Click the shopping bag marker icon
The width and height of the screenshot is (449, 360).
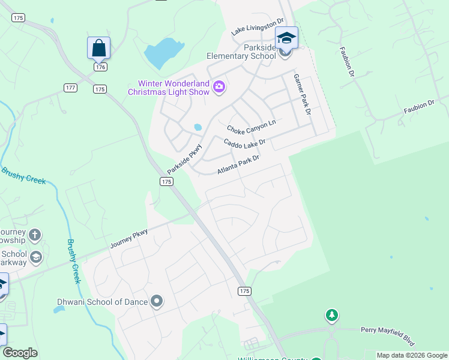pos(98,47)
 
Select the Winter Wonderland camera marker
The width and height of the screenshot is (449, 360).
pos(218,88)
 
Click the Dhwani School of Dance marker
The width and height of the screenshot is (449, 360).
pos(157,301)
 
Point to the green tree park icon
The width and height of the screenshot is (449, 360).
pos(331,315)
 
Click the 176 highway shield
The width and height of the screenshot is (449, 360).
pos(100,67)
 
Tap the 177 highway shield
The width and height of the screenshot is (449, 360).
pos(70,88)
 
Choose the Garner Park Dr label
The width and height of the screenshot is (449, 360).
pos(303,94)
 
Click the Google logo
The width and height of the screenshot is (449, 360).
pos(20,353)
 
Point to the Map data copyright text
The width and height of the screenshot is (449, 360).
pos(411,355)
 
